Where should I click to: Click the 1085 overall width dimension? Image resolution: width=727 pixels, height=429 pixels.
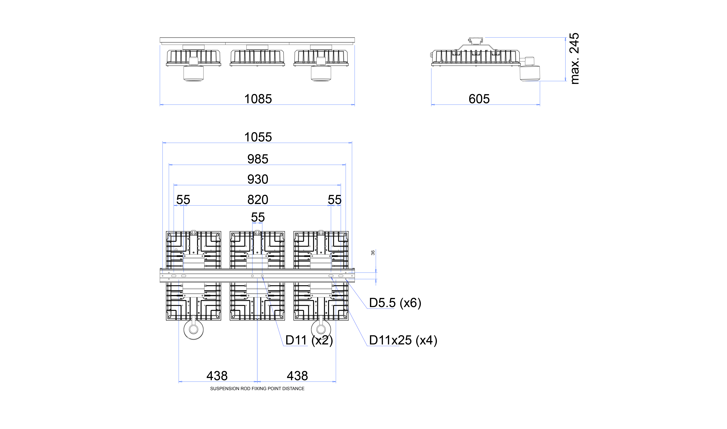point(258,99)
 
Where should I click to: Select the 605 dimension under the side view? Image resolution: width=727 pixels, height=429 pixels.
point(479,99)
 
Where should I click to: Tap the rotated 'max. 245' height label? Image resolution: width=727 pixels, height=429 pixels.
point(574,58)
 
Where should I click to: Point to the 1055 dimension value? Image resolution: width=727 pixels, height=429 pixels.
point(258,137)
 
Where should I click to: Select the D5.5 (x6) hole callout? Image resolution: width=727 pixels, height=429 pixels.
point(395,303)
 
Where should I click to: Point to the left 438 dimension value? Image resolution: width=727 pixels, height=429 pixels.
point(217,376)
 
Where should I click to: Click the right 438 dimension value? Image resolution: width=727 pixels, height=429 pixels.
point(297,376)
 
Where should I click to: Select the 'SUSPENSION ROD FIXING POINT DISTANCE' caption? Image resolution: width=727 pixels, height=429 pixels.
point(257,389)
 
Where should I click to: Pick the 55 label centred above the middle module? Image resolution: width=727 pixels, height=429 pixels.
point(258,217)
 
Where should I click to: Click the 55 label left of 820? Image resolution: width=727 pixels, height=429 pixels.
point(183,199)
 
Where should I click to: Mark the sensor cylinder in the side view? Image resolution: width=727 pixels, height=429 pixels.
point(530,73)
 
